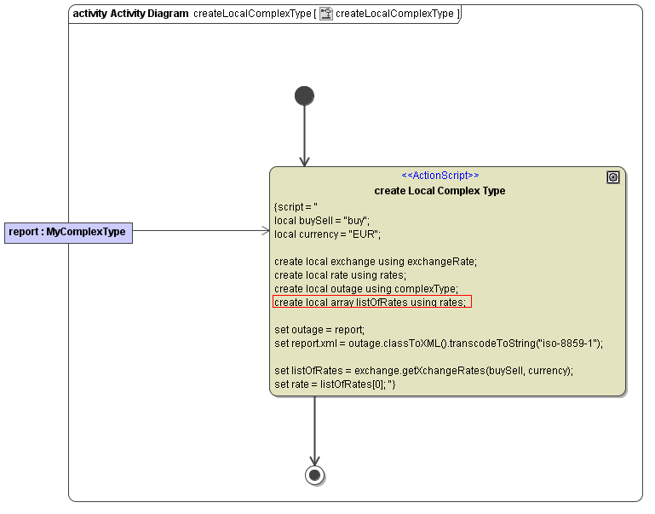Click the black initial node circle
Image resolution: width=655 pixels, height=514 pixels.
(x=304, y=95)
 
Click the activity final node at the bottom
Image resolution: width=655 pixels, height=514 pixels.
(x=315, y=474)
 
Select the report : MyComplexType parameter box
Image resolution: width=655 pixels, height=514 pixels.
(x=68, y=231)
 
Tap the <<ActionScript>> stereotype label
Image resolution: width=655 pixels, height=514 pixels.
(x=440, y=176)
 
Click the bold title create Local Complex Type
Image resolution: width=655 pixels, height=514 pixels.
(x=440, y=191)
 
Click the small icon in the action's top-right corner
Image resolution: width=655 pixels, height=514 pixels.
(x=612, y=177)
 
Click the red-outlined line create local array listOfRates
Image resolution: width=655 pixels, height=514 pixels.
(x=371, y=303)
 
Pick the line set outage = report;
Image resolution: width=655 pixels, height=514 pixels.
(x=319, y=330)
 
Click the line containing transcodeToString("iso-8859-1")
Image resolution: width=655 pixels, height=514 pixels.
(x=438, y=344)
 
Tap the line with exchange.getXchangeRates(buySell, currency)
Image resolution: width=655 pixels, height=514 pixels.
(x=423, y=371)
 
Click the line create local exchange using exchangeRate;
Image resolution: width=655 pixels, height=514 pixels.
(x=376, y=262)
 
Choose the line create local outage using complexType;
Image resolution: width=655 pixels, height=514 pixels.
(x=366, y=289)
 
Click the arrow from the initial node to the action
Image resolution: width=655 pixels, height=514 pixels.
(x=304, y=136)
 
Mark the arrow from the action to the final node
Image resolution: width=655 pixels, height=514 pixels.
(x=315, y=430)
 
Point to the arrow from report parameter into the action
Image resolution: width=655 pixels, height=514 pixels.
(x=200, y=230)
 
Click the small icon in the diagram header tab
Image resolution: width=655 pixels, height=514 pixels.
(x=326, y=14)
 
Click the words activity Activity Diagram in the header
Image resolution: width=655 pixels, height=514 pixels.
(x=130, y=14)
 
